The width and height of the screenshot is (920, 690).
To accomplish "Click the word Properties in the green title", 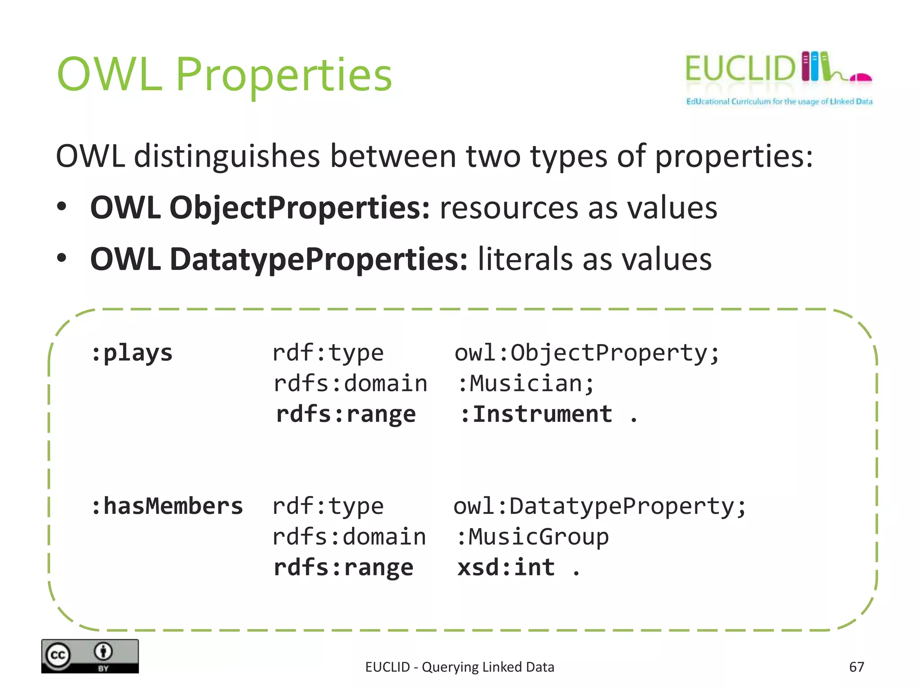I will [x=284, y=75].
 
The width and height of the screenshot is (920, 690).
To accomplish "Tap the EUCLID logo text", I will [x=740, y=69].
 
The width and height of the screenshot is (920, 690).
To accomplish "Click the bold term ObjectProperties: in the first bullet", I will [x=299, y=208].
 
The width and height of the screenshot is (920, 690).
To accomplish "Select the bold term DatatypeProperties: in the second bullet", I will [x=318, y=259].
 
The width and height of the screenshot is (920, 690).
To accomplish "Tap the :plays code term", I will [x=132, y=353].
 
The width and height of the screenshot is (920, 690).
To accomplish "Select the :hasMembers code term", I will [x=167, y=506].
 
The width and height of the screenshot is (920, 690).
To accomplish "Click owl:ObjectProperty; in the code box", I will [x=587, y=353].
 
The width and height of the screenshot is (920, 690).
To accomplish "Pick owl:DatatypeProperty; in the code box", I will [x=599, y=506].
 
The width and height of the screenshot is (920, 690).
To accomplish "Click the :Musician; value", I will [x=526, y=384].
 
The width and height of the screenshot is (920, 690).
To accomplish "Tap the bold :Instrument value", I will [x=536, y=414].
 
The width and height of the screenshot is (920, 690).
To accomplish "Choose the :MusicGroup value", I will [x=532, y=537].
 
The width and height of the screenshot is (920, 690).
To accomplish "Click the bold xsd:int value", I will [x=506, y=567].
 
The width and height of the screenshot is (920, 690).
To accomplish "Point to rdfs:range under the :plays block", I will [x=346, y=414].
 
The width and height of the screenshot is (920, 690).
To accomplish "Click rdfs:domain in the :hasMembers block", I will [x=349, y=537].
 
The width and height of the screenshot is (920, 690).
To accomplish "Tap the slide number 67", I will [x=856, y=667].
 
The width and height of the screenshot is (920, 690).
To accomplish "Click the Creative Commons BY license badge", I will [x=90, y=656].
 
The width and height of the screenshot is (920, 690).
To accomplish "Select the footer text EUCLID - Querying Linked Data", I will [x=460, y=667].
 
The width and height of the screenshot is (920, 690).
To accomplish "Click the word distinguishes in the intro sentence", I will [x=227, y=156].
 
